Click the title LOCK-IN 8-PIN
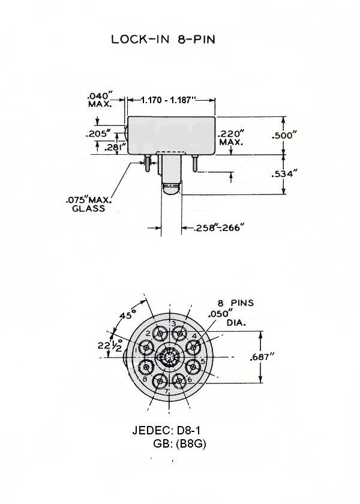point(163,39)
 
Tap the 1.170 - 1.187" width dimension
point(168,100)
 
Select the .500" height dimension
point(283,136)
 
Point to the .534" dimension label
point(283,174)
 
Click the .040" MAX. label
point(100,100)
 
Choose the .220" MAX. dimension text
point(231,137)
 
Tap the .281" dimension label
point(114,148)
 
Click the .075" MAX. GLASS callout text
point(89,204)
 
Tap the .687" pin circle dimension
point(262,356)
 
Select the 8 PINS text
point(236,303)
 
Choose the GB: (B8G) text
point(179,444)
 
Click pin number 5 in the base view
point(203,361)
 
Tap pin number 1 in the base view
point(136,350)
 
